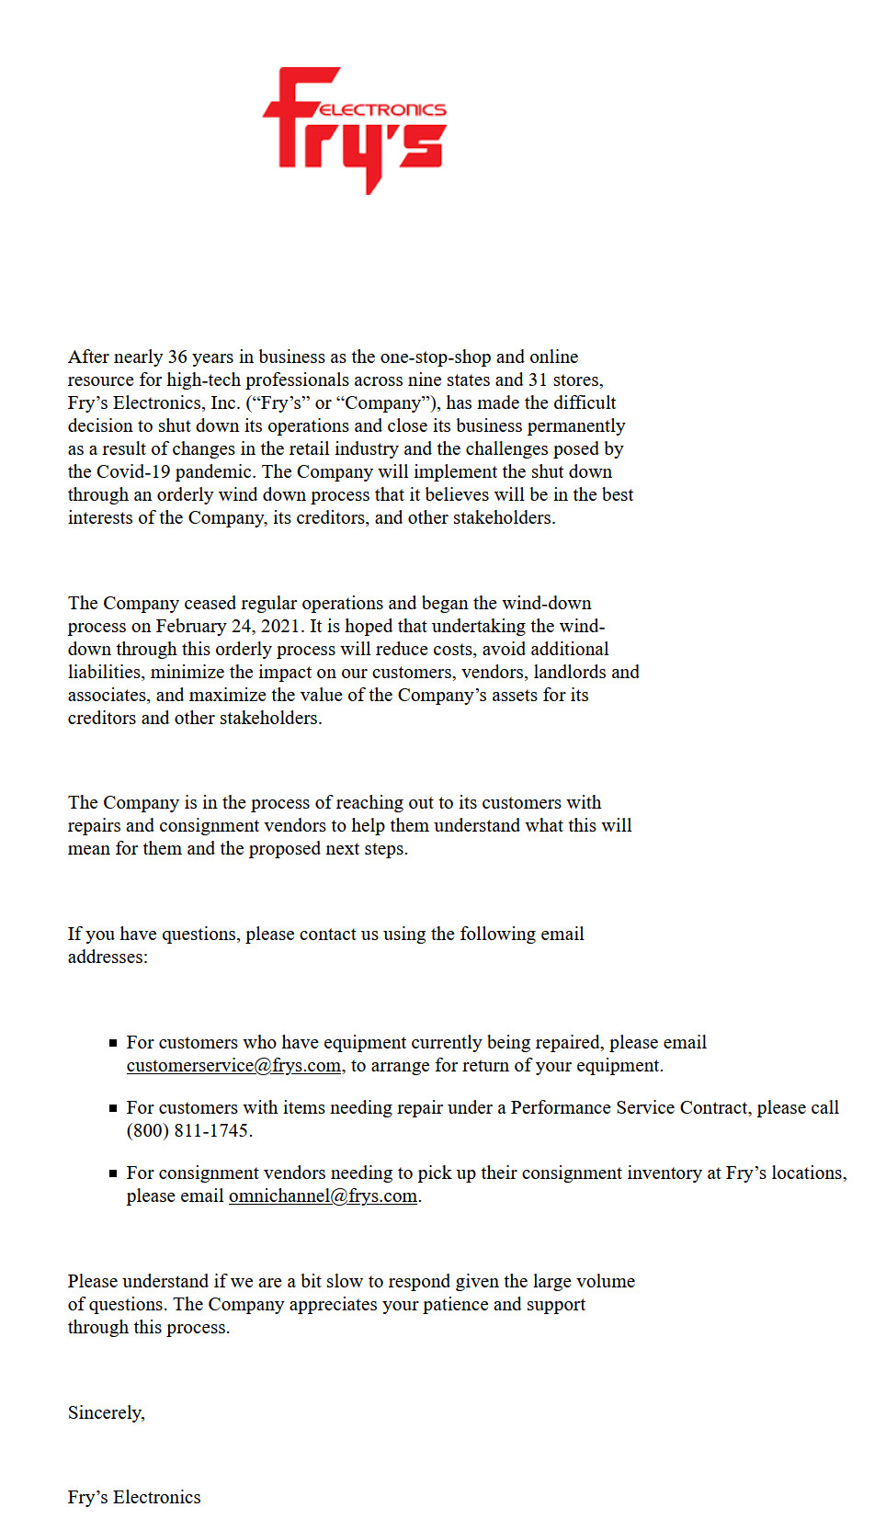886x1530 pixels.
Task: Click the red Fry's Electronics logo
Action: (x=354, y=129)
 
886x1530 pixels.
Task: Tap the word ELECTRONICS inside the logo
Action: (x=383, y=109)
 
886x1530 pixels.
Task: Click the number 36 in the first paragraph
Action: (x=177, y=357)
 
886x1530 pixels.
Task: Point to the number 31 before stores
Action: (x=538, y=380)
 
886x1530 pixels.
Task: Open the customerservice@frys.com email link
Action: (x=233, y=1065)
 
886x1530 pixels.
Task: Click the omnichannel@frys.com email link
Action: (x=323, y=1196)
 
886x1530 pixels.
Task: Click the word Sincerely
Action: (x=106, y=1412)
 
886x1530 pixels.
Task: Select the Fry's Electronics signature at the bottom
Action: (x=134, y=1497)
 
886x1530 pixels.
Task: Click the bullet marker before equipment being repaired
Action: (x=113, y=1043)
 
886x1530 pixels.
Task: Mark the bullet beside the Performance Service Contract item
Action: (x=113, y=1108)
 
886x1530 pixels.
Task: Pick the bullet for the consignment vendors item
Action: (x=113, y=1173)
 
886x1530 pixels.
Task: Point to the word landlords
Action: (x=570, y=672)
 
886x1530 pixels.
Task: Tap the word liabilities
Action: (x=104, y=672)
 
